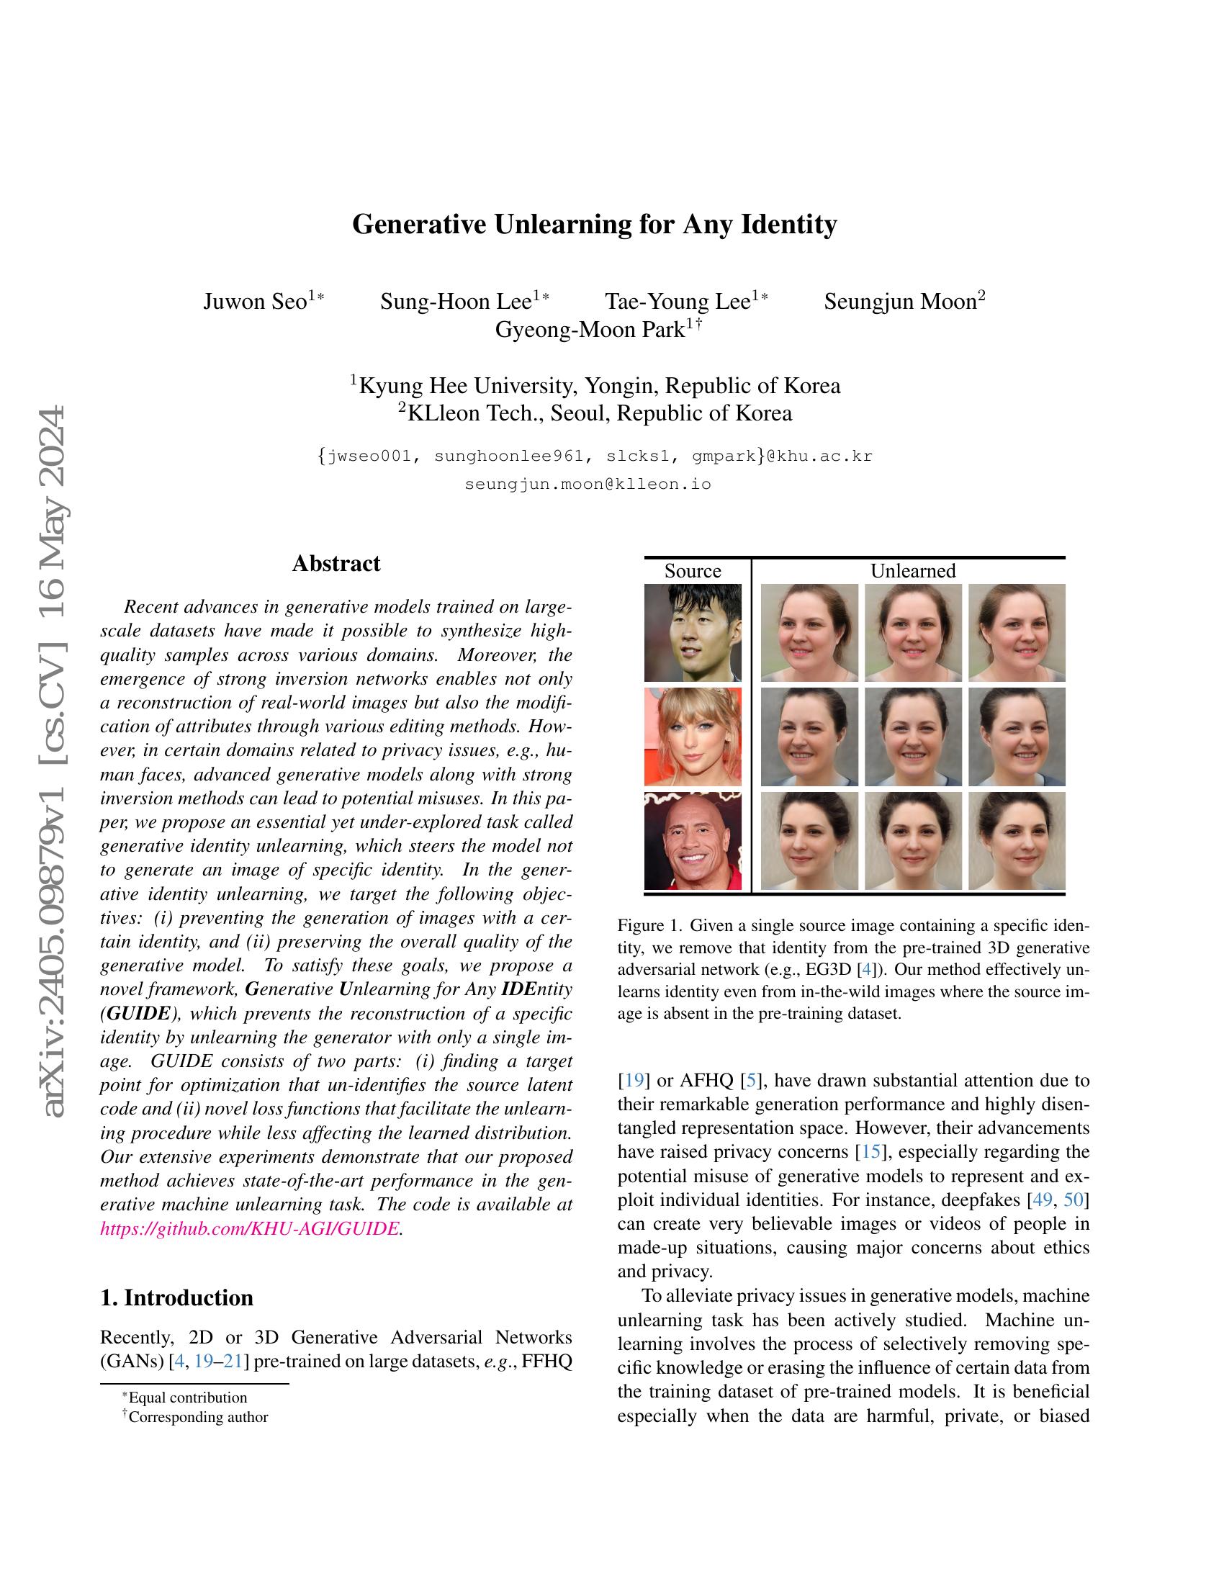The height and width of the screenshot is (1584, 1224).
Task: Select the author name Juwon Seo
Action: (x=256, y=302)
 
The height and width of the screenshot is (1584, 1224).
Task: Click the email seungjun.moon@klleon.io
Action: (x=588, y=484)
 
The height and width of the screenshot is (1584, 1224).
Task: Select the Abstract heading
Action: (x=336, y=564)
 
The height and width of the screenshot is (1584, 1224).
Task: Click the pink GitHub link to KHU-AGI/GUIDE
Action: (x=249, y=1228)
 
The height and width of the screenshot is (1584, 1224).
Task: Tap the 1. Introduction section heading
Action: (x=177, y=1297)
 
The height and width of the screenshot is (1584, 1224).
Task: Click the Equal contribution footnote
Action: (x=187, y=1397)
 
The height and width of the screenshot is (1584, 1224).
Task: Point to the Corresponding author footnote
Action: (x=197, y=1416)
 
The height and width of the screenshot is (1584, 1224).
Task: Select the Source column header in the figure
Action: (x=693, y=571)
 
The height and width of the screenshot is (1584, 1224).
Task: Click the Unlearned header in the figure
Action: (x=912, y=571)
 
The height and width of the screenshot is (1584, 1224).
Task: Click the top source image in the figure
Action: (x=693, y=632)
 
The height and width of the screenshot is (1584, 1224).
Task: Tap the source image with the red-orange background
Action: (x=693, y=736)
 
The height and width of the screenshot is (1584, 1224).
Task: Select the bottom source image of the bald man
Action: (x=693, y=840)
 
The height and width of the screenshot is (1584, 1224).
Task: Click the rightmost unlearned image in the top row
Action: (x=1017, y=632)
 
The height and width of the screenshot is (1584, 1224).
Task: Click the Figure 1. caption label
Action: (x=649, y=925)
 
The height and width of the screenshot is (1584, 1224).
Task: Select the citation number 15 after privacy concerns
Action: (x=868, y=1152)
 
